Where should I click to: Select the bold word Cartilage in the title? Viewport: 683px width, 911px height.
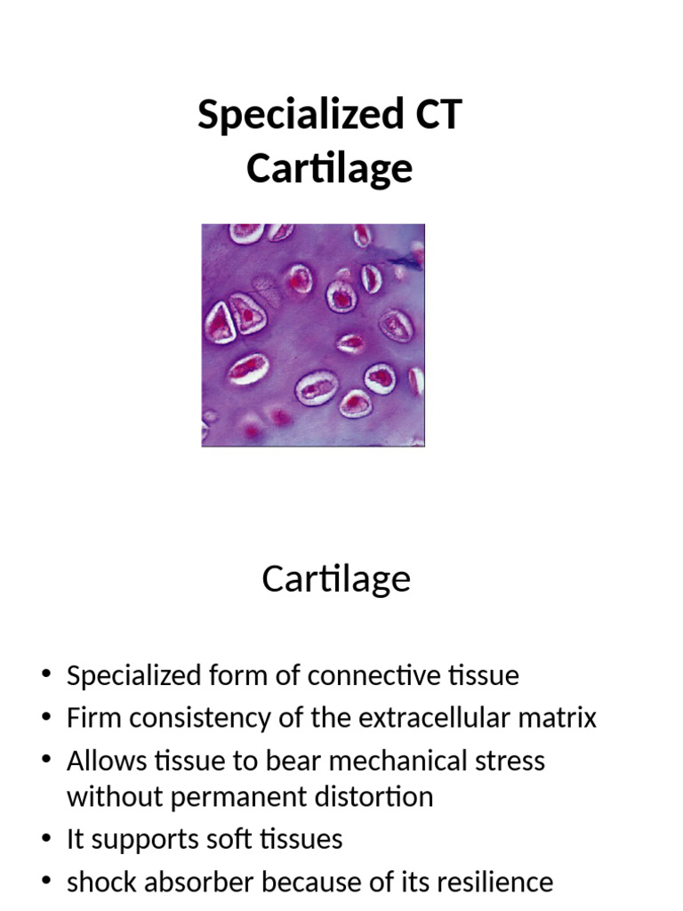click(x=329, y=169)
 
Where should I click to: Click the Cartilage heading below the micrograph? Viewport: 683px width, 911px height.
click(x=336, y=579)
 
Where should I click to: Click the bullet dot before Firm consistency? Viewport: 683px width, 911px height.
click(x=46, y=716)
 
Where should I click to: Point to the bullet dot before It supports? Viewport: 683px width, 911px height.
click(x=46, y=838)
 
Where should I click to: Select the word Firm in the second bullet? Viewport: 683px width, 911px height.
click(x=94, y=718)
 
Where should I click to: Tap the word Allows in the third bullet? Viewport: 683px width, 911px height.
click(x=107, y=761)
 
